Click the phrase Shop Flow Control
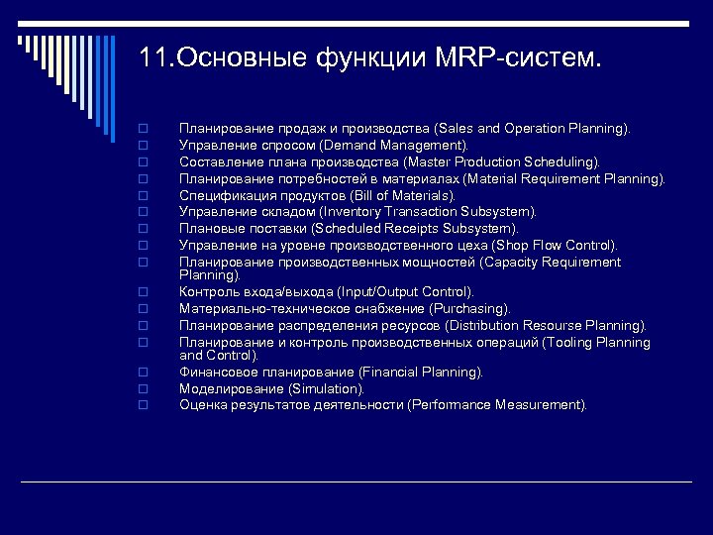tap(559, 246)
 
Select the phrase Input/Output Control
tap(404, 292)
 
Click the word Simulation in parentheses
tap(326, 389)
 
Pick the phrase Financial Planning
tap(420, 373)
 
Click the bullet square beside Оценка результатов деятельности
tap(144, 405)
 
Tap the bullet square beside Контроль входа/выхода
tap(144, 292)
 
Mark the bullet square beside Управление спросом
tap(144, 146)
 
